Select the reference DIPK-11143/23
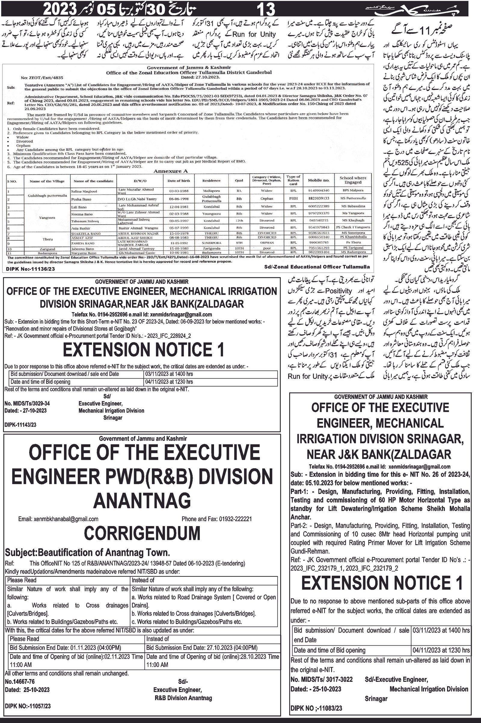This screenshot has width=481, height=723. (20, 425)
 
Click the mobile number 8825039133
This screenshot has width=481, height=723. (318, 198)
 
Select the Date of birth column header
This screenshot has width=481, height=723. (179, 181)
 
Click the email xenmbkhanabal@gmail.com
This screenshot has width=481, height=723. (58, 519)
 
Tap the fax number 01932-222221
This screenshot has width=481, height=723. (235, 519)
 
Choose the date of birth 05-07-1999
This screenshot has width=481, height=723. (179, 228)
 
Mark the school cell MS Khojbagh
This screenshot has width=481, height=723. (353, 220)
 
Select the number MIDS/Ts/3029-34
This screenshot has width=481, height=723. (27, 403)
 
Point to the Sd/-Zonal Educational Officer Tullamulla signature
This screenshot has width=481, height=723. (317, 267)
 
